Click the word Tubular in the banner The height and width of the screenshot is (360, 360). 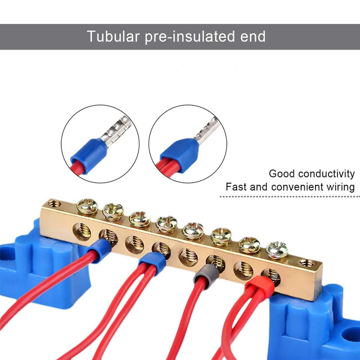pyautogui.click(x=113, y=36)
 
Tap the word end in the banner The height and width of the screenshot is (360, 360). pyautogui.click(x=253, y=37)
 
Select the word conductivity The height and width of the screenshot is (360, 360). pyautogui.click(x=327, y=174)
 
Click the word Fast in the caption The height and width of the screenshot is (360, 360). pyautogui.click(x=236, y=187)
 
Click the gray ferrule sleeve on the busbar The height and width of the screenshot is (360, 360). pyautogui.click(x=207, y=274)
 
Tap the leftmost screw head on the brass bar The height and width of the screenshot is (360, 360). pyautogui.click(x=87, y=207)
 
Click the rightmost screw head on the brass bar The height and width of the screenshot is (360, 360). pyautogui.click(x=277, y=250)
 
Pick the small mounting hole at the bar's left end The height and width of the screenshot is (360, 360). pyautogui.click(x=54, y=203)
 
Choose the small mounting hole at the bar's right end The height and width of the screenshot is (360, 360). pyautogui.click(x=307, y=263)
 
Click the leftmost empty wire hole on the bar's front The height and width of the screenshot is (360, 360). pyautogui.click(x=82, y=232)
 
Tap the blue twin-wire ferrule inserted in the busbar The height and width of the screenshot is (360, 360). pyautogui.click(x=152, y=263)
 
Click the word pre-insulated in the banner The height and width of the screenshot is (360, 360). pyautogui.click(x=190, y=37)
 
